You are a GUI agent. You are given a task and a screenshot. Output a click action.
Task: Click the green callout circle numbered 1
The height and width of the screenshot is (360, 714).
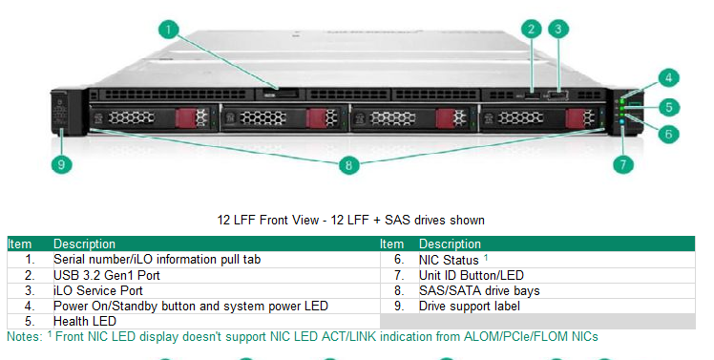170,30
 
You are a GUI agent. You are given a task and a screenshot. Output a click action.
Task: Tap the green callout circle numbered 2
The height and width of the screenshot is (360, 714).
532,30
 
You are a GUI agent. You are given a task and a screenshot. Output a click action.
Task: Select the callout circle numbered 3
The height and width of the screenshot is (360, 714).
558,30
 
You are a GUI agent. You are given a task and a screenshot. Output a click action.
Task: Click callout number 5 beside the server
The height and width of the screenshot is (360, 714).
671,107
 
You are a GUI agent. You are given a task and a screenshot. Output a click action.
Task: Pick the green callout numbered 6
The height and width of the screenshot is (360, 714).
669,134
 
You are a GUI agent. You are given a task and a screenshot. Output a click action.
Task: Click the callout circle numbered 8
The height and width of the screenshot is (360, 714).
349,165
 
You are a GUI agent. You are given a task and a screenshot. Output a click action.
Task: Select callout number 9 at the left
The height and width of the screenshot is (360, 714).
61,164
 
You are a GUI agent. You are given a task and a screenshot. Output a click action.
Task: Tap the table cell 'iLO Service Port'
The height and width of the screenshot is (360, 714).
98,290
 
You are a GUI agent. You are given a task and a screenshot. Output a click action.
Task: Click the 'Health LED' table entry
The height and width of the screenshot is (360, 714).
85,322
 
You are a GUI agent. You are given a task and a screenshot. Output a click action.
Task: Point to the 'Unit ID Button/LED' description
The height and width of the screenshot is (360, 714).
472,275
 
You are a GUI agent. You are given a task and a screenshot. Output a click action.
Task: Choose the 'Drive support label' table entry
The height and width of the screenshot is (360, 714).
470,306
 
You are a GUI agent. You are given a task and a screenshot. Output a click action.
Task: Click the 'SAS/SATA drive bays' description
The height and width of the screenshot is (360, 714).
479,290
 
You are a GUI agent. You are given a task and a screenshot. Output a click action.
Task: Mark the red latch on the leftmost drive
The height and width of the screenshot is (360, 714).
199,117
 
